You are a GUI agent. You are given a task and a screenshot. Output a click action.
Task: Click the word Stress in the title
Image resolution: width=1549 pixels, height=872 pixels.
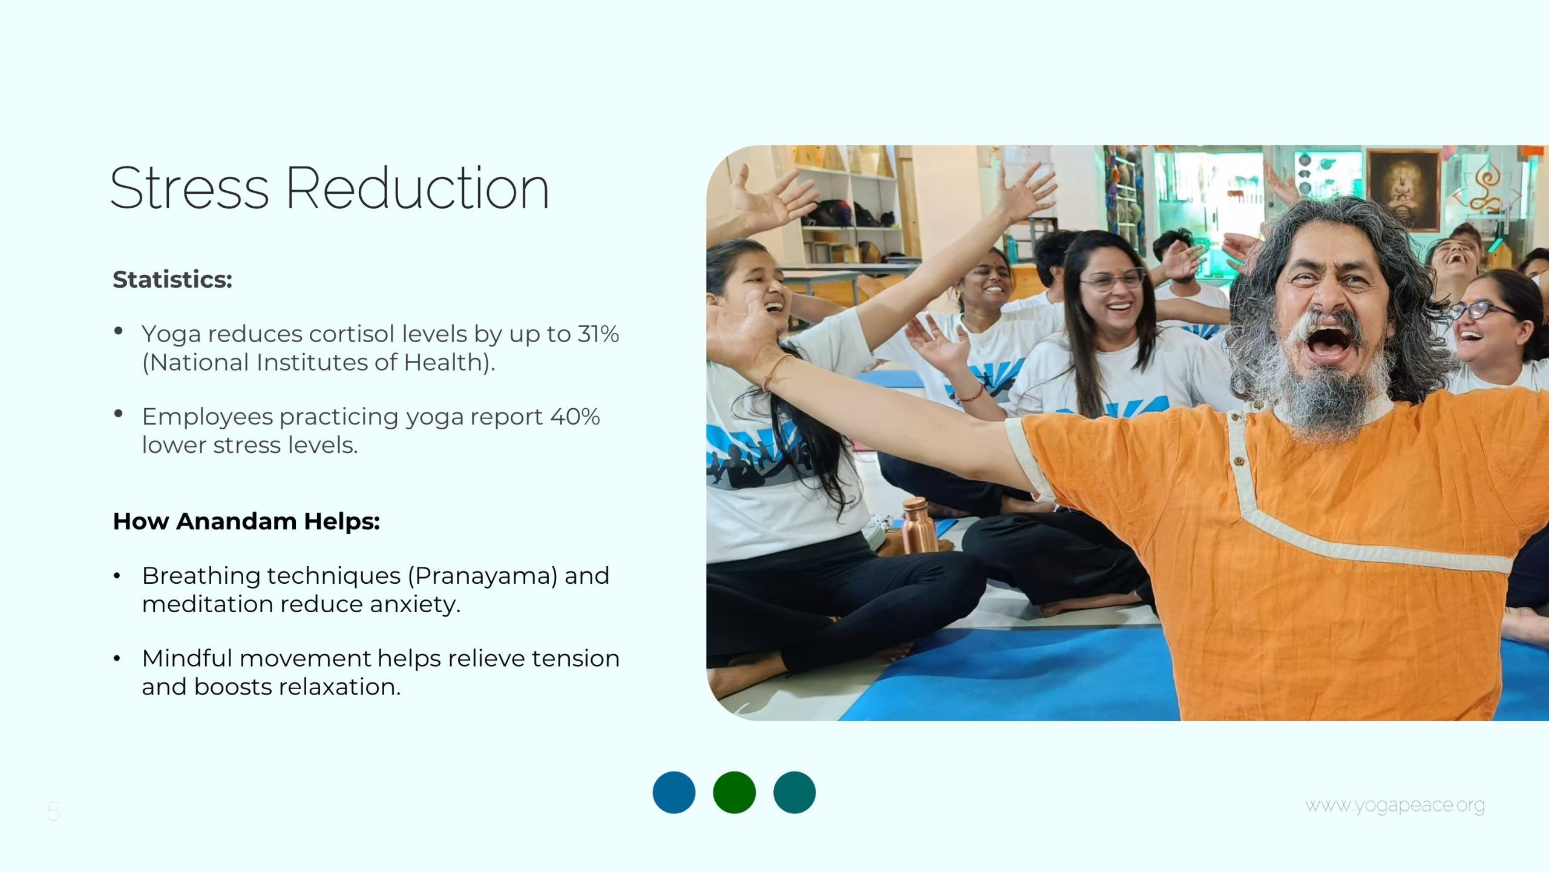189,188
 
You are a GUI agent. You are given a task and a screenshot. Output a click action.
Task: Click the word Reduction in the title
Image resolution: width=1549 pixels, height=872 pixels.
418,188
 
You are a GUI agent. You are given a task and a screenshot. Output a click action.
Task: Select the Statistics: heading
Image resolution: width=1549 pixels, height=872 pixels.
172,279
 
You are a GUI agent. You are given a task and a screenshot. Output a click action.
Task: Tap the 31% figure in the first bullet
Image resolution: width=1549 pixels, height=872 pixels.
598,334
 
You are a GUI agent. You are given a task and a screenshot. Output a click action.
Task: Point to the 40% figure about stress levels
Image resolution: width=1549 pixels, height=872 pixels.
575,417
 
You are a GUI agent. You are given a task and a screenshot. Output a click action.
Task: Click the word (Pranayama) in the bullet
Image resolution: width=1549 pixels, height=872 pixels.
483,576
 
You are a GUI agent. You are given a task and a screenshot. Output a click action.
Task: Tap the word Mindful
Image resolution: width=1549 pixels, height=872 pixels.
187,658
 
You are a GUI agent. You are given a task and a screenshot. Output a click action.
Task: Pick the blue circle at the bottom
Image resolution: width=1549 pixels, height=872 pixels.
674,792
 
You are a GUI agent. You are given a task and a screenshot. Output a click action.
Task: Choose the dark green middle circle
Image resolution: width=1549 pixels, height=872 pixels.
735,792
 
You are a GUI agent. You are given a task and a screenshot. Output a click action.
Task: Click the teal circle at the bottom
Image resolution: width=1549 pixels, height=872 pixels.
794,792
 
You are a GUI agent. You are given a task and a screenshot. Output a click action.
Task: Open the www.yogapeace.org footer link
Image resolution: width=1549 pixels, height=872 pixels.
1395,806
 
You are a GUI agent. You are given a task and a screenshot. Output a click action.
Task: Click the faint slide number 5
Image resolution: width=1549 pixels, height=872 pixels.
54,811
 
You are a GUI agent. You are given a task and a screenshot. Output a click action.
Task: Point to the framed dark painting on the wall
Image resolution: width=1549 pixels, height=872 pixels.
1403,191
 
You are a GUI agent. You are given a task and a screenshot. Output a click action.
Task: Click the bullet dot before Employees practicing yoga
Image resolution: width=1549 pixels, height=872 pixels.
119,414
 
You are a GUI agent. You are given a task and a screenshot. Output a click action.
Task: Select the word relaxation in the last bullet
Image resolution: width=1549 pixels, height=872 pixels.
339,687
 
